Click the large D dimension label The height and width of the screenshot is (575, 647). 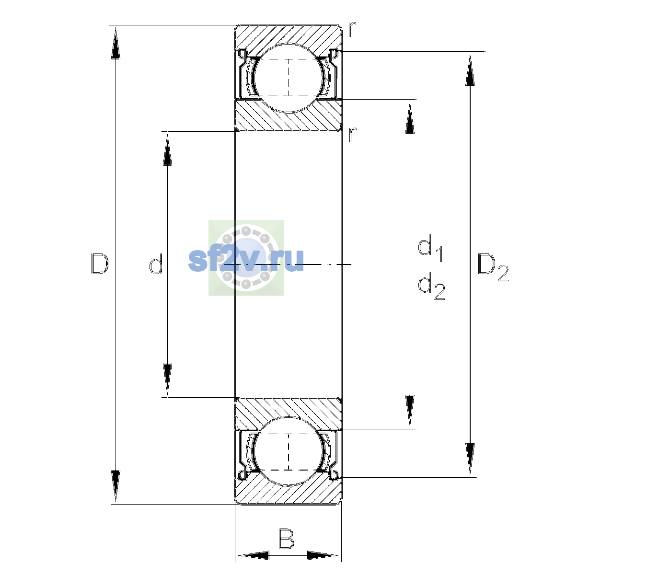[x=100, y=264]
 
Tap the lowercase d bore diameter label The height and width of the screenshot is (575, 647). [x=156, y=264]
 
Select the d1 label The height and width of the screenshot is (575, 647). [x=430, y=248]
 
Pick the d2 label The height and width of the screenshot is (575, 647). [x=431, y=286]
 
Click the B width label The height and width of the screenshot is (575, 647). [x=286, y=539]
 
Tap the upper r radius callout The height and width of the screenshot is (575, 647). [x=352, y=29]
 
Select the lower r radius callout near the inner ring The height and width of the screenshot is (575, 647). [x=352, y=135]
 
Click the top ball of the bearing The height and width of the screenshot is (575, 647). [x=289, y=78]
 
